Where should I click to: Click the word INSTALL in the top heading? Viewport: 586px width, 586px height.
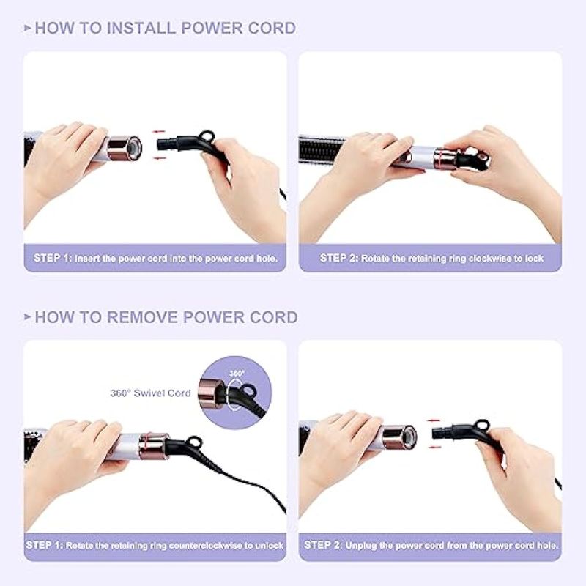click(141, 29)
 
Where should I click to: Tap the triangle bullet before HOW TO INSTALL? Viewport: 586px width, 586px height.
click(27, 28)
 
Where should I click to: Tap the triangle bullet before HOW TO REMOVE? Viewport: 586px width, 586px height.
click(27, 317)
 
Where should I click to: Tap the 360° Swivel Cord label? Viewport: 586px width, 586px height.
click(151, 393)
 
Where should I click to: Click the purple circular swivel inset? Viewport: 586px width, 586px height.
click(234, 393)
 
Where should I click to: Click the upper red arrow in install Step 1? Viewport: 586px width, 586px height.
click(159, 132)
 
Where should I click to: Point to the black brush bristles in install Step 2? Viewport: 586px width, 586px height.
click(319, 149)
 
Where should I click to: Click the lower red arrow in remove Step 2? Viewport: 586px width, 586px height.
click(434, 447)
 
